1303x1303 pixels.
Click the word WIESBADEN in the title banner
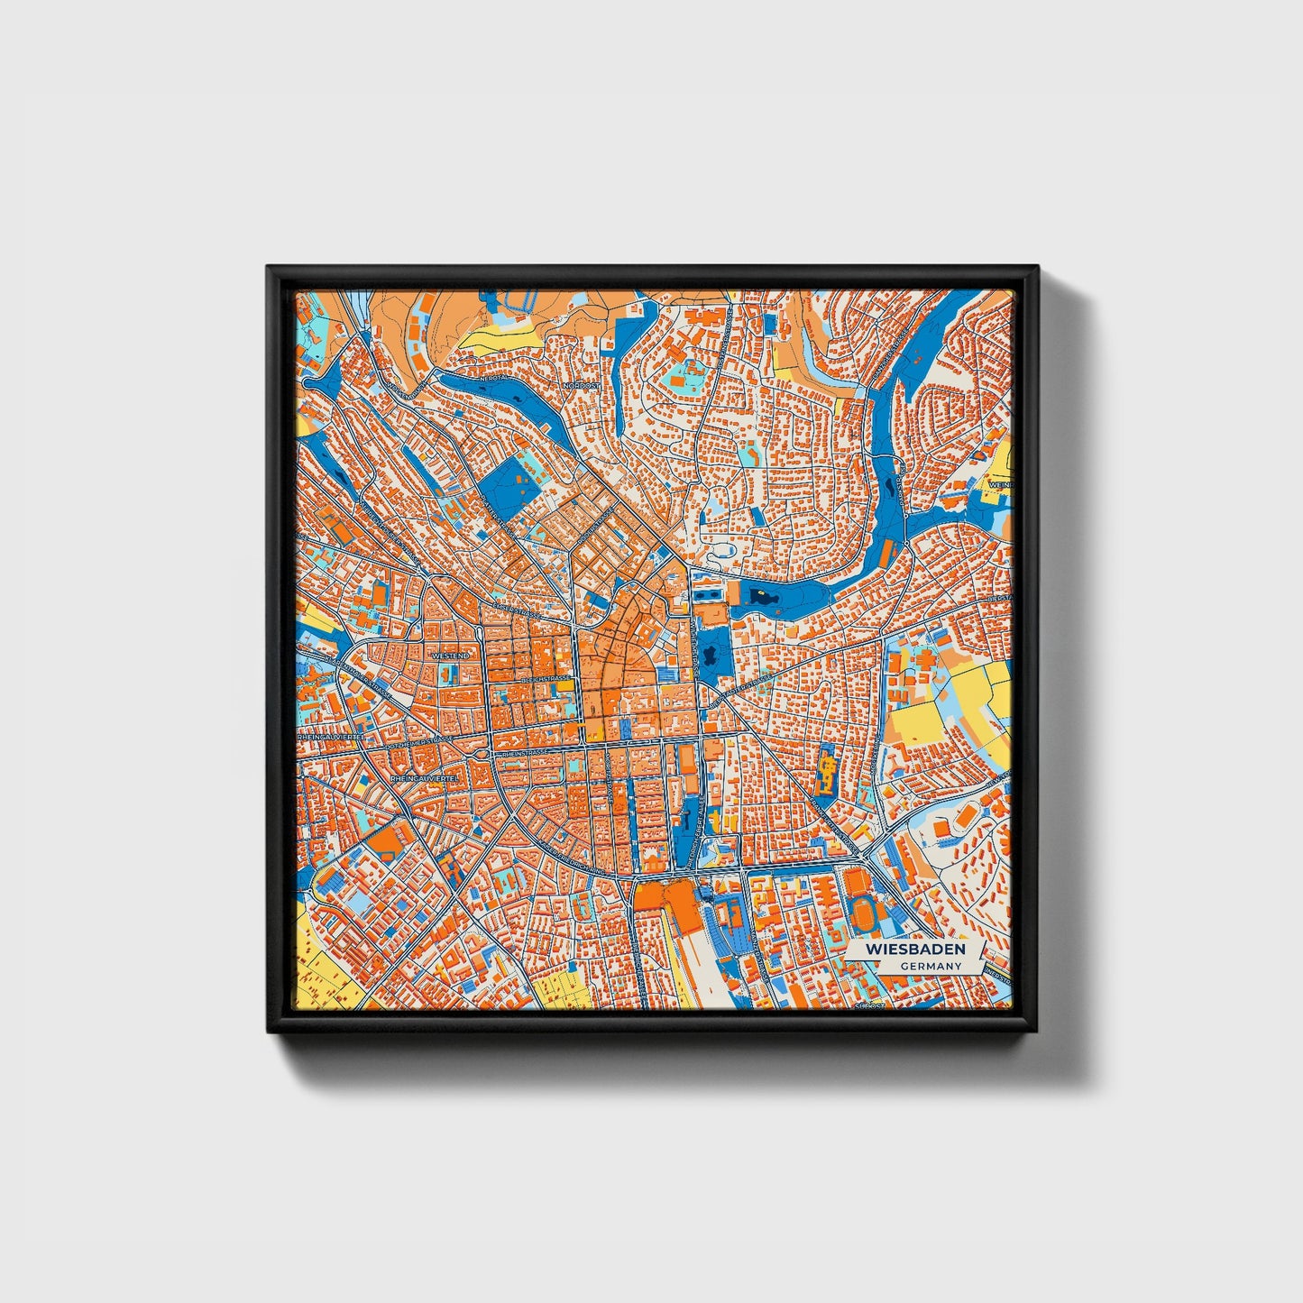914,950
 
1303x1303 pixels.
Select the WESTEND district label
451,656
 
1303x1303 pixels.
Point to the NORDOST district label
580,385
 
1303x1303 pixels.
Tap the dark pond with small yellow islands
763,596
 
